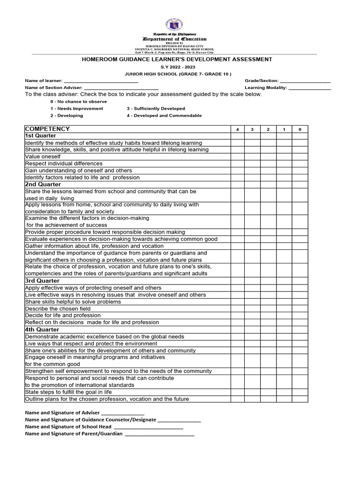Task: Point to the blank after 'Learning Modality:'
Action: coord(309,88)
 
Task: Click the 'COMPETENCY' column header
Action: coord(47,129)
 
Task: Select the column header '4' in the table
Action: coord(237,129)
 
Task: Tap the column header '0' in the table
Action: coord(300,129)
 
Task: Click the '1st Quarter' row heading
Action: coord(40,136)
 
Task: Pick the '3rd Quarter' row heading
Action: coord(42,281)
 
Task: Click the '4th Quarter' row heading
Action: coord(42,330)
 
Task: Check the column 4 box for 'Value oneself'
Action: coord(237,157)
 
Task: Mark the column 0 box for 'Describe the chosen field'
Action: coord(300,309)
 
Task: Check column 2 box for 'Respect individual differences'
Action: coord(268,164)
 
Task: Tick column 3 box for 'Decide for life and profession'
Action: coord(252,315)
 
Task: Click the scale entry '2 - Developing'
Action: coord(67,115)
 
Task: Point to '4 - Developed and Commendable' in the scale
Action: coord(164,115)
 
